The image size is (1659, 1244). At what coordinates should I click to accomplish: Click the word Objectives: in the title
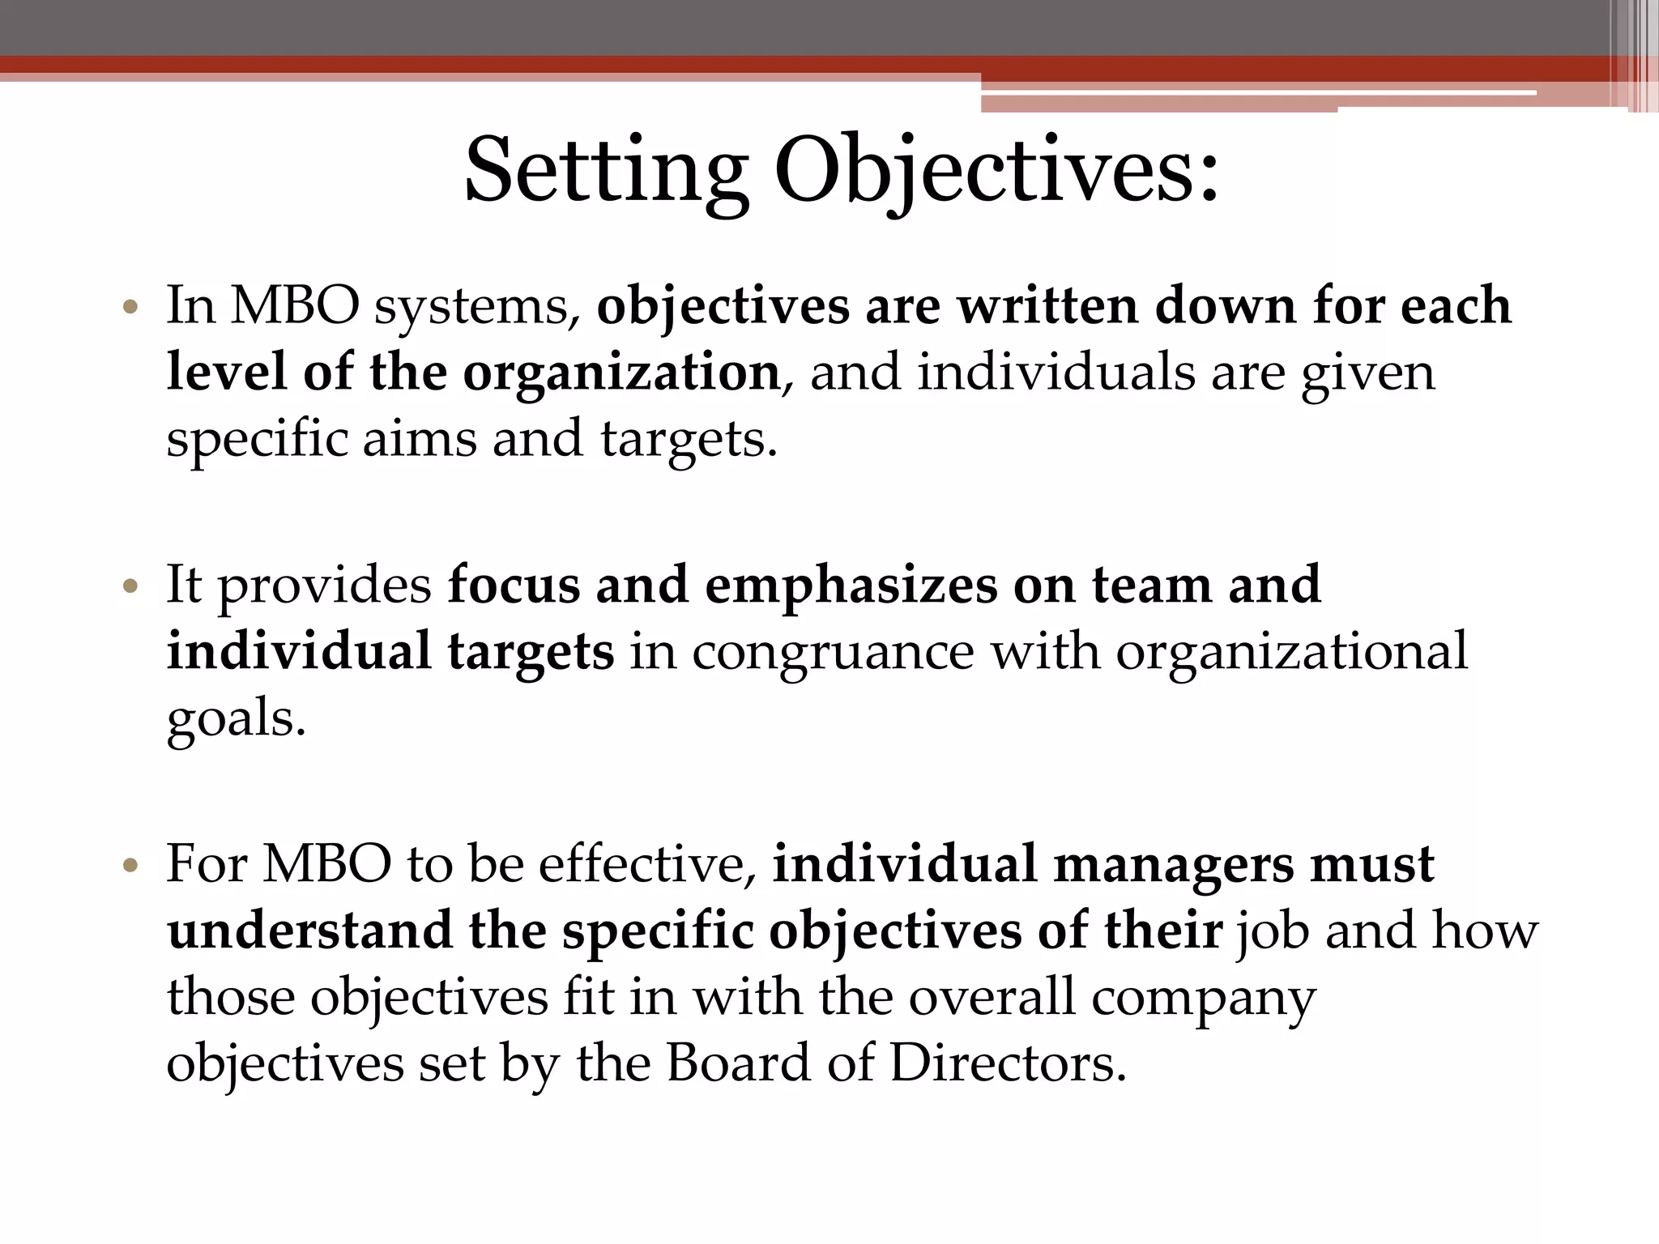point(996,172)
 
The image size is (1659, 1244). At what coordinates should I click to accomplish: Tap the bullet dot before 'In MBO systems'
point(130,308)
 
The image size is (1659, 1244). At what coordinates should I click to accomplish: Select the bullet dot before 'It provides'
point(130,586)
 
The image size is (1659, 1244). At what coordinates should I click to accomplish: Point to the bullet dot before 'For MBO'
point(130,866)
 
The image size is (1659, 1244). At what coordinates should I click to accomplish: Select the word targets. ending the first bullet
point(689,441)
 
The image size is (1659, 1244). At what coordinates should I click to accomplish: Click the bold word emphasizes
point(851,585)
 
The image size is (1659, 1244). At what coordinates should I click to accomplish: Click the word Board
point(737,1063)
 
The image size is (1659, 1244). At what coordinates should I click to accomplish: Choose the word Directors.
point(1008,1063)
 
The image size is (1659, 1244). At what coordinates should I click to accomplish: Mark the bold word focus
point(514,585)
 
